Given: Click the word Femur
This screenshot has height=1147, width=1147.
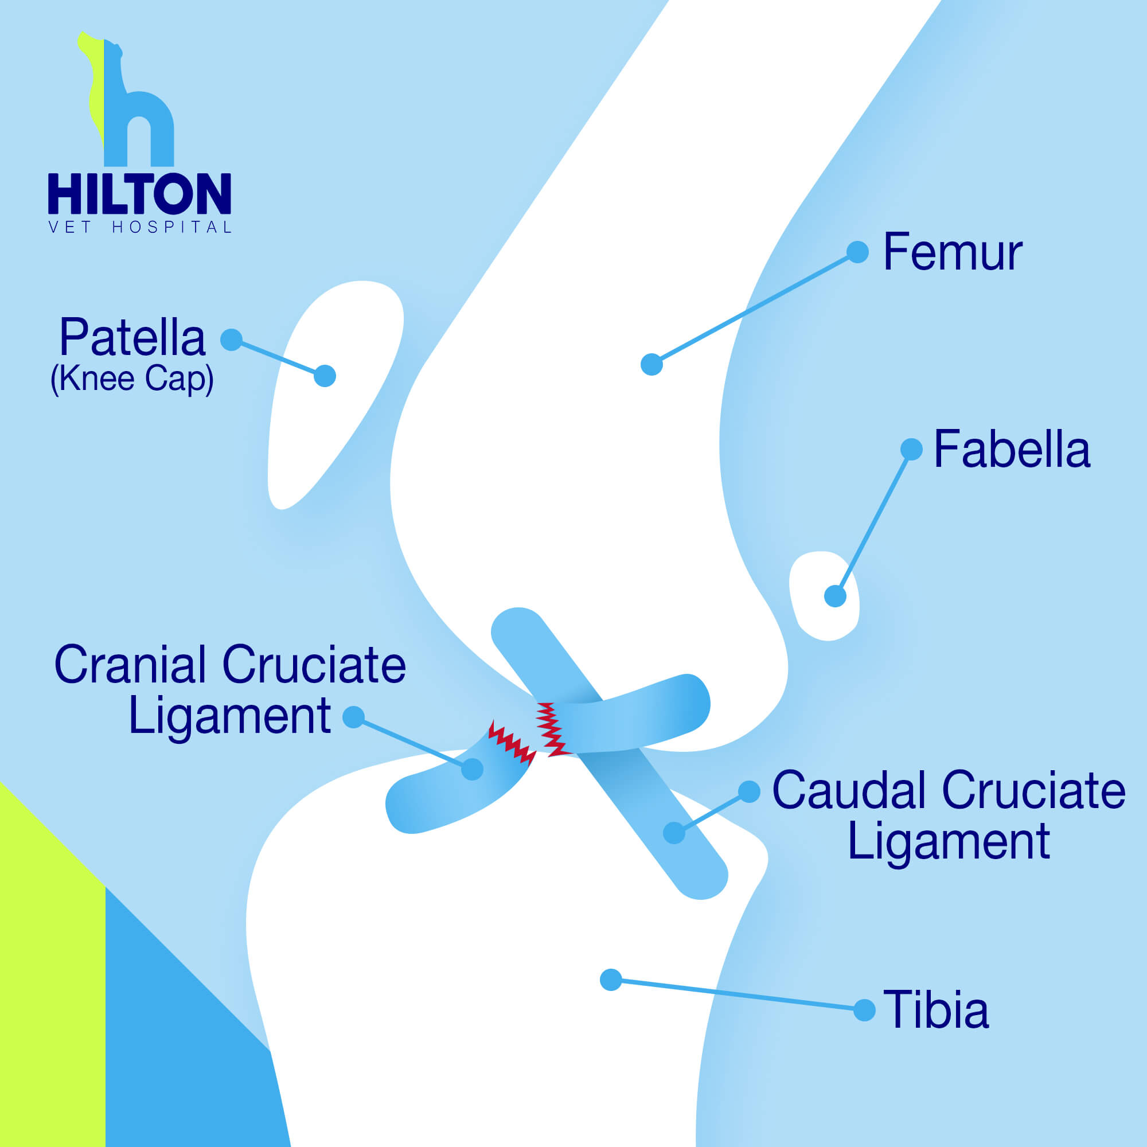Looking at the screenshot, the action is [x=952, y=252].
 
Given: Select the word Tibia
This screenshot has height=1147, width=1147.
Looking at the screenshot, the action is [x=937, y=1009].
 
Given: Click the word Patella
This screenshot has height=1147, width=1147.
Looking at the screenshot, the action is [x=132, y=337].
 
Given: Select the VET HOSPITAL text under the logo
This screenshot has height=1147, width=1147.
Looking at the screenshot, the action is [x=139, y=227].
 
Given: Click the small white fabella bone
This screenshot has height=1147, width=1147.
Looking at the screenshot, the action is [x=824, y=595].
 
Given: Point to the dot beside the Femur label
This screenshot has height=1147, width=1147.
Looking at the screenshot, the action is [x=857, y=252].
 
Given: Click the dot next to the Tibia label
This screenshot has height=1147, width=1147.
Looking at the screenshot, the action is [x=864, y=1010].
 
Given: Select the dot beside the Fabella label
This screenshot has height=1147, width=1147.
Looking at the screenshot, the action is [x=911, y=450].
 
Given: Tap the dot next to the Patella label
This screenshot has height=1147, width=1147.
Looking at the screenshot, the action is [x=231, y=340].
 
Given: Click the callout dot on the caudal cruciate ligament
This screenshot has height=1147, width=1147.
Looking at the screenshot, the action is [x=674, y=833].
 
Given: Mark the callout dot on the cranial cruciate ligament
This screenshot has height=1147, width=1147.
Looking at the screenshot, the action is [x=472, y=770].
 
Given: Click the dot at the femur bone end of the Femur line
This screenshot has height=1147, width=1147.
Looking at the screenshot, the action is [x=651, y=365].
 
